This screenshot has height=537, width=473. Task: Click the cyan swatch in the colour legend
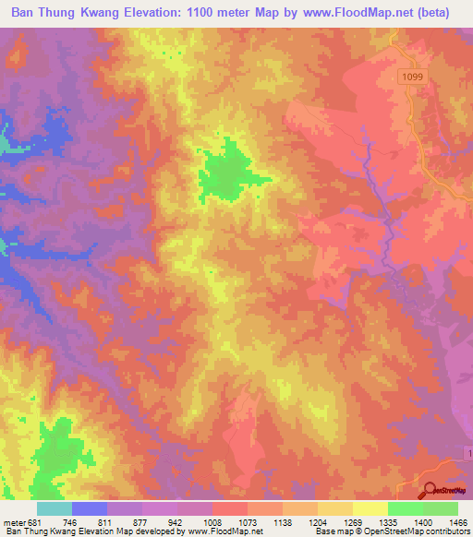tap(55, 508)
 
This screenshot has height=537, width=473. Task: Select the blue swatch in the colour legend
tap(90, 508)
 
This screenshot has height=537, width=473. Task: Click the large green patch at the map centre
tap(227, 172)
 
